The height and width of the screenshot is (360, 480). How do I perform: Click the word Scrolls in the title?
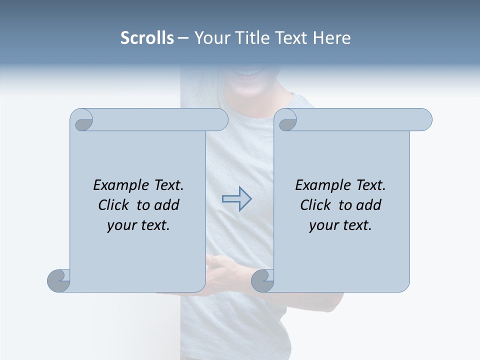[x=147, y=38]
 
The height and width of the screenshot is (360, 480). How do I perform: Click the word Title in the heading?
[x=250, y=38]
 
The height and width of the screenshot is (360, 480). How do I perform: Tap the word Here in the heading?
[x=332, y=38]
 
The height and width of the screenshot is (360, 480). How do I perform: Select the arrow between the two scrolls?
[x=236, y=199]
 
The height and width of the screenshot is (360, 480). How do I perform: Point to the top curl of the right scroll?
[x=287, y=120]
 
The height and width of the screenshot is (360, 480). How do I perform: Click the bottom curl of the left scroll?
[x=58, y=280]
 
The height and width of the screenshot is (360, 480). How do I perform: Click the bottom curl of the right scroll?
[x=262, y=280]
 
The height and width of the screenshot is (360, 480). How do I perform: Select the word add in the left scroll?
[x=167, y=205]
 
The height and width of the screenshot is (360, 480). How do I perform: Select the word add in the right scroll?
[x=369, y=205]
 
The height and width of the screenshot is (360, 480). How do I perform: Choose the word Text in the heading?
[x=291, y=38]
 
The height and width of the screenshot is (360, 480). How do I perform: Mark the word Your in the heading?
[x=210, y=38]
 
